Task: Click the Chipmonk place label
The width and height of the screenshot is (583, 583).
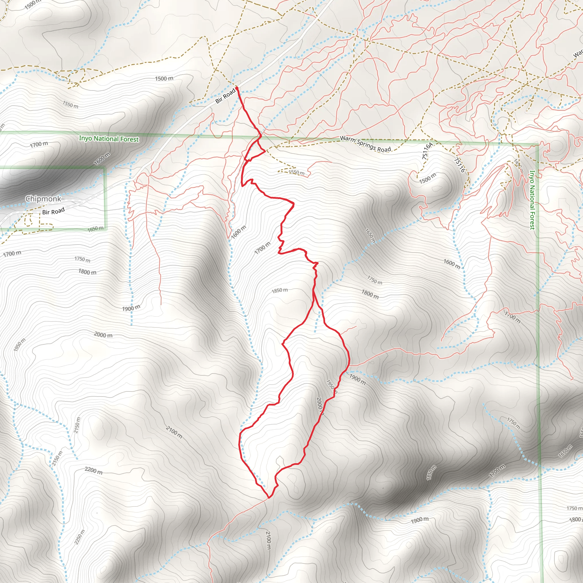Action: pyautogui.click(x=43, y=199)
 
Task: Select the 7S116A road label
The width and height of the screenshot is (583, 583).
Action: pyautogui.click(x=427, y=151)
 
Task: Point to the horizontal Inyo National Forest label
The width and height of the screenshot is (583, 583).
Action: pyautogui.click(x=109, y=139)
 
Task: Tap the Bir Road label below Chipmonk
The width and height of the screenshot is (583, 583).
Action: pyautogui.click(x=54, y=211)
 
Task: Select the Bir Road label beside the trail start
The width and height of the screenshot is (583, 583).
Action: pyautogui.click(x=225, y=96)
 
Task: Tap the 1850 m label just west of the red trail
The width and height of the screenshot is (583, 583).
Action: pyautogui.click(x=280, y=290)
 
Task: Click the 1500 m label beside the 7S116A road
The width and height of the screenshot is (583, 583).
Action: pyautogui.click(x=427, y=178)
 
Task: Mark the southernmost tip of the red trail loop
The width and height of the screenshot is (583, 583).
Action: pyautogui.click(x=268, y=498)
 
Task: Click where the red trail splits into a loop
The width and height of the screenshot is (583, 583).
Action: pyautogui.click(x=314, y=292)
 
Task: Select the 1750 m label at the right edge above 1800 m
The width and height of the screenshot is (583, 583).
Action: pyautogui.click(x=574, y=508)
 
